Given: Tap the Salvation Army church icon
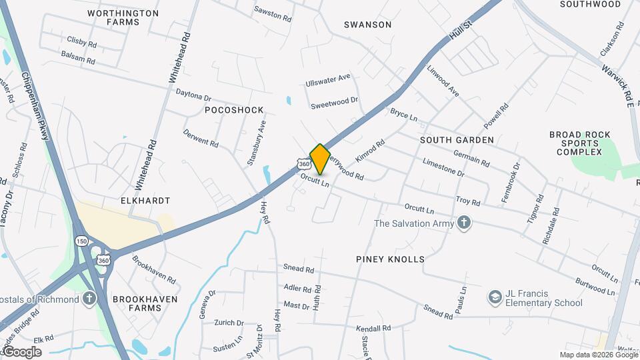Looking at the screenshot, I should tap(464, 223).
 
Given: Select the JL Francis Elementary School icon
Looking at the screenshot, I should tap(495, 295).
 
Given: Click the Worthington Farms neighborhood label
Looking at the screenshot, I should tap(123, 17).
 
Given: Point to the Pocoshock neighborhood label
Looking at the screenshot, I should tap(234, 110).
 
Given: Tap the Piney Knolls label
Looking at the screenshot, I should tap(390, 259).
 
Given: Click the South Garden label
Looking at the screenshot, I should tap(457, 140).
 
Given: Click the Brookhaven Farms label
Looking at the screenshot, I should tap(145, 304).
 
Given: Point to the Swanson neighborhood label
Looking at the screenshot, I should tap(367, 25).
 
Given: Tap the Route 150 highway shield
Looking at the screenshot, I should tap(81, 241).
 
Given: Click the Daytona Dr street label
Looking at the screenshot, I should tap(193, 97).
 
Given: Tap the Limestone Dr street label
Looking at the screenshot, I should tap(443, 167).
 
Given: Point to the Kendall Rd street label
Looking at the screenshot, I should tap(373, 329).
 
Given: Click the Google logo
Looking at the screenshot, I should tap(22, 352).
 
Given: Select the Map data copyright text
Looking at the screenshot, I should tap(598, 355).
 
